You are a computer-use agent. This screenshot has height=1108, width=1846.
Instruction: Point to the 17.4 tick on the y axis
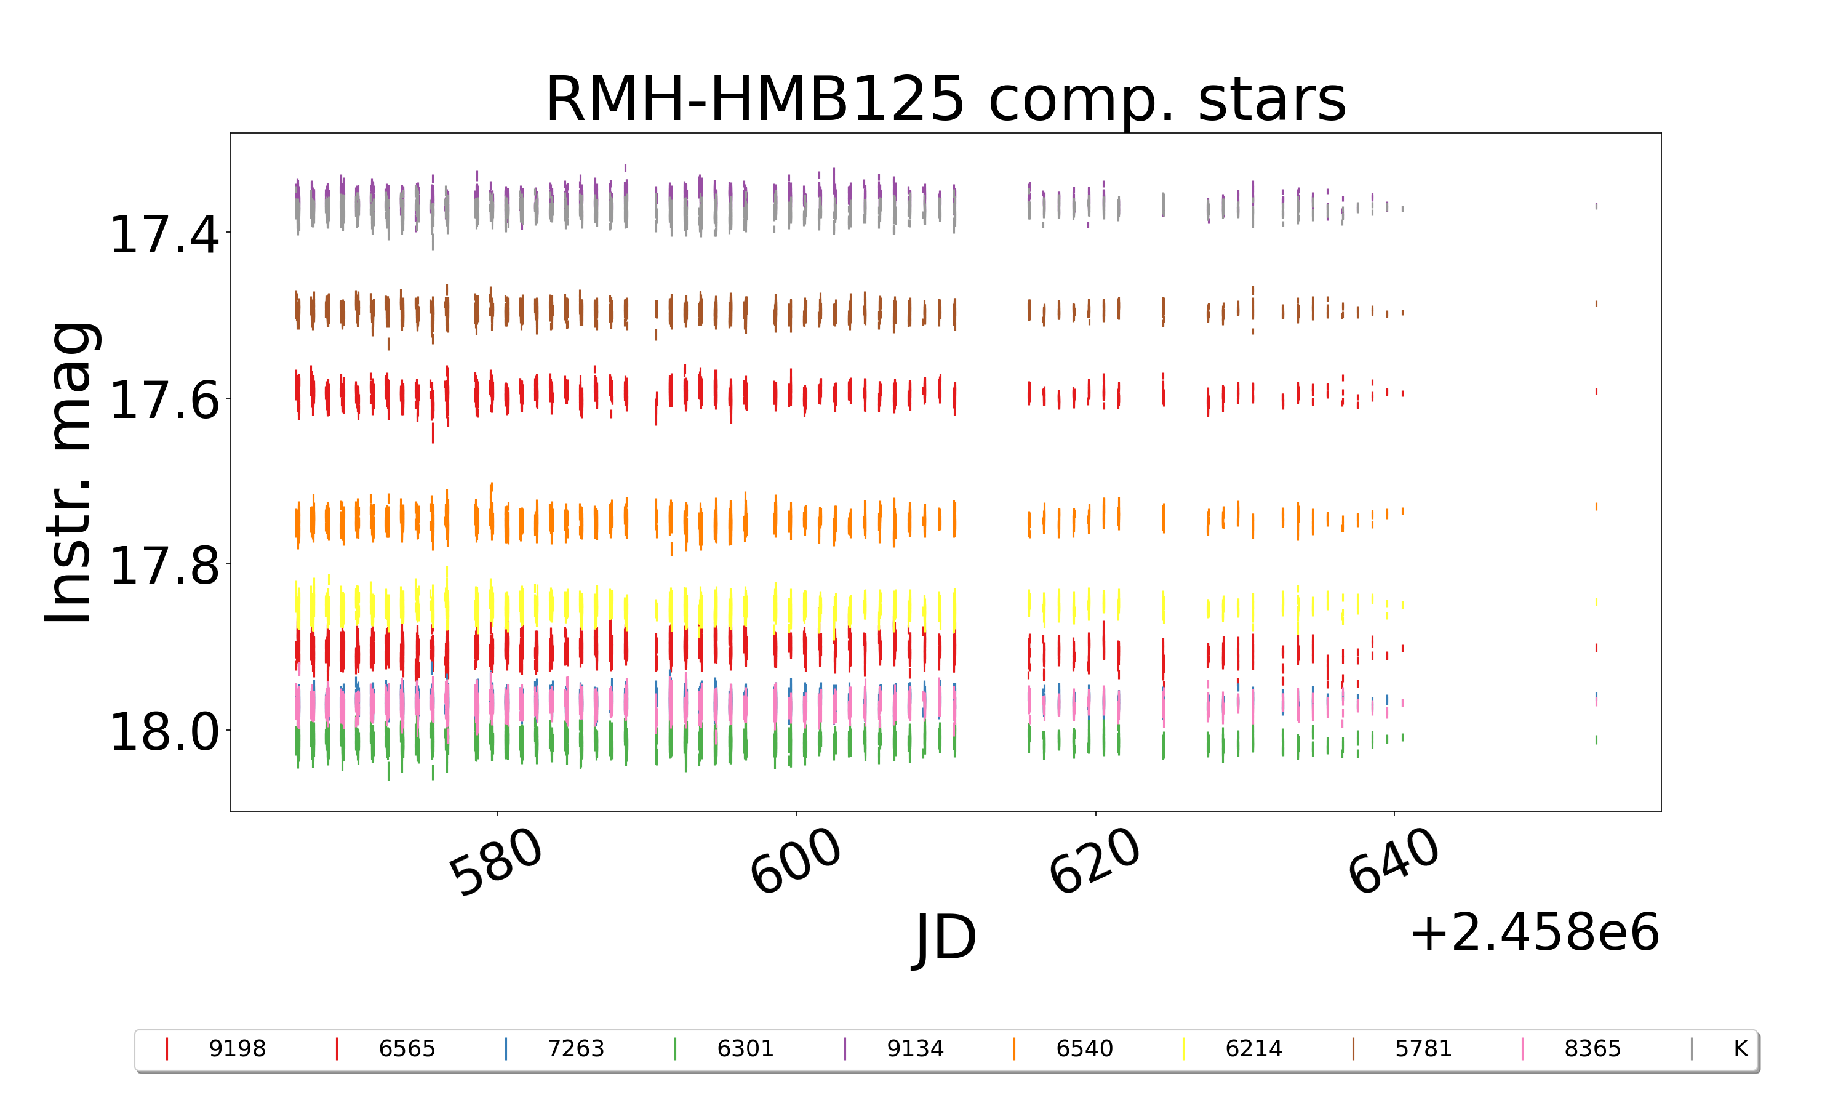click(x=164, y=235)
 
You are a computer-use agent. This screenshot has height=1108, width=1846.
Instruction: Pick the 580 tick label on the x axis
click(x=495, y=862)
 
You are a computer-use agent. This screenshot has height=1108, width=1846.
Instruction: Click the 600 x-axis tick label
click(x=796, y=862)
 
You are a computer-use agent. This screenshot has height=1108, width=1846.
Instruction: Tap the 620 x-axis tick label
click(x=1095, y=862)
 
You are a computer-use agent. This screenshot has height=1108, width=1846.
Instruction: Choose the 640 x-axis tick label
click(x=1393, y=862)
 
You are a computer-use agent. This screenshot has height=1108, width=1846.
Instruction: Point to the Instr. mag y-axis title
click(x=69, y=472)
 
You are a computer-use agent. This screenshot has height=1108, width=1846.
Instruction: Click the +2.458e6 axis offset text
click(x=1534, y=933)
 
